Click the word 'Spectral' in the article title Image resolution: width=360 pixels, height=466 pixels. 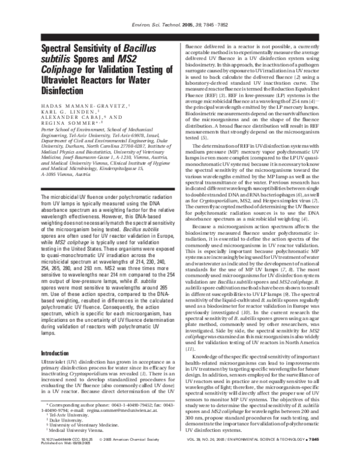(62, 50)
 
